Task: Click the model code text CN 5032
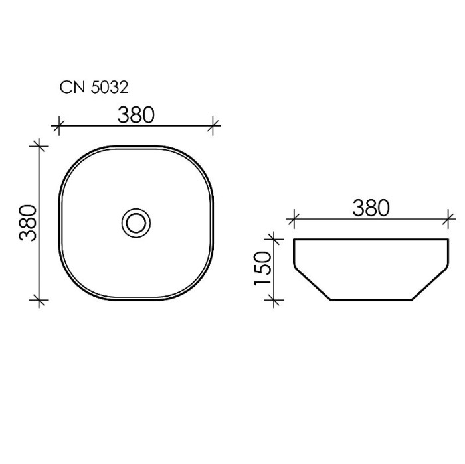point(94,87)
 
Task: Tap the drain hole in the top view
point(137,222)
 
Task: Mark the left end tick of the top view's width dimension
point(59,124)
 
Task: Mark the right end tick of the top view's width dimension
point(214,124)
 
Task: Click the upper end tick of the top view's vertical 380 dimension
point(41,145)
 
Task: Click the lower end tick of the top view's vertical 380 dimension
point(41,300)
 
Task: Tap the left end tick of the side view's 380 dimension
point(294,217)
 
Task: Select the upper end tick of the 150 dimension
point(272,238)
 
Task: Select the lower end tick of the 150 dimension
point(272,300)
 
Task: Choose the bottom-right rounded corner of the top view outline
point(201,287)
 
